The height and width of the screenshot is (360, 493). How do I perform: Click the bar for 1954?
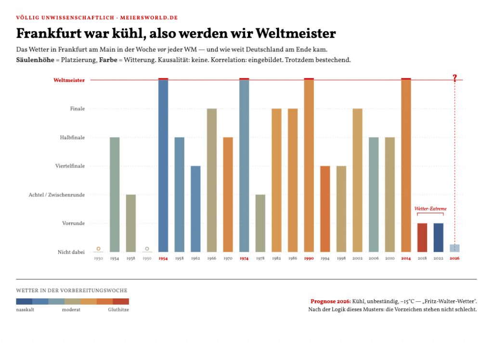(163, 165)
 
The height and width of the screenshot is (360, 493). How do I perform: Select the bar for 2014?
(406, 165)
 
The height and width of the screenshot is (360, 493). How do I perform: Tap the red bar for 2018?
(422, 238)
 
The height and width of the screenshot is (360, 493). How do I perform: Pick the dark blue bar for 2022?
(438, 238)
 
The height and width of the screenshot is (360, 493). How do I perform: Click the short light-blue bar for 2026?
(454, 248)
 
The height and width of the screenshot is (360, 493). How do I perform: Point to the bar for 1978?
(260, 223)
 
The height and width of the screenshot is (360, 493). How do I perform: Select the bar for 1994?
(325, 209)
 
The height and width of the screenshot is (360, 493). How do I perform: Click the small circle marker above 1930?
(98, 249)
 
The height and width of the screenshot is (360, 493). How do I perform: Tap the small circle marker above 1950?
(147, 249)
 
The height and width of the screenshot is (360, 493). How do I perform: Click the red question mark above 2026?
(454, 78)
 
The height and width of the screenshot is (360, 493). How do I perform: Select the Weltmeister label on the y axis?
(69, 80)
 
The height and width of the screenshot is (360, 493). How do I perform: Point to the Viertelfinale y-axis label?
(70, 166)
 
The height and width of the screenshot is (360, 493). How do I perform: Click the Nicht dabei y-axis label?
(71, 252)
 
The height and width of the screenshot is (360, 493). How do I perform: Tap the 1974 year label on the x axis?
(244, 258)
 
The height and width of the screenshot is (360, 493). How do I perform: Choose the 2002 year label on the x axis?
(358, 258)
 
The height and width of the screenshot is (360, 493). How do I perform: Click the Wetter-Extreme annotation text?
(430, 209)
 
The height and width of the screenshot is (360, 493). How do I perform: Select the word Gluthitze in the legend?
(118, 309)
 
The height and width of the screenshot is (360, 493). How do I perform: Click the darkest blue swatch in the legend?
(24, 301)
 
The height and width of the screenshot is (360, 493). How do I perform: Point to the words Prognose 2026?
(330, 301)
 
